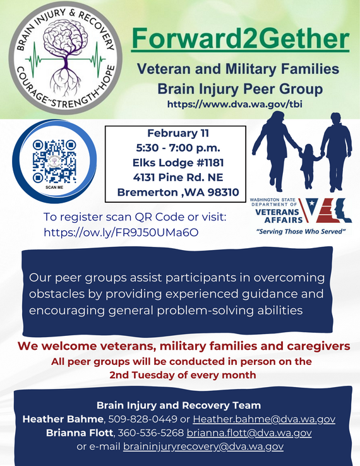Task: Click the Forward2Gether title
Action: tap(239, 39)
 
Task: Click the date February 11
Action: tap(174, 134)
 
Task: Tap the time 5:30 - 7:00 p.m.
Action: tap(174, 148)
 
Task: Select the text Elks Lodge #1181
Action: tap(174, 163)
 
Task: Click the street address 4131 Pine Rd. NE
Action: tap(174, 177)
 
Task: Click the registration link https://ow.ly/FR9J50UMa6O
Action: tap(121, 232)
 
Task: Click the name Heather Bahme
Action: tap(63, 419)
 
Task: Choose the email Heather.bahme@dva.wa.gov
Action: tap(264, 419)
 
